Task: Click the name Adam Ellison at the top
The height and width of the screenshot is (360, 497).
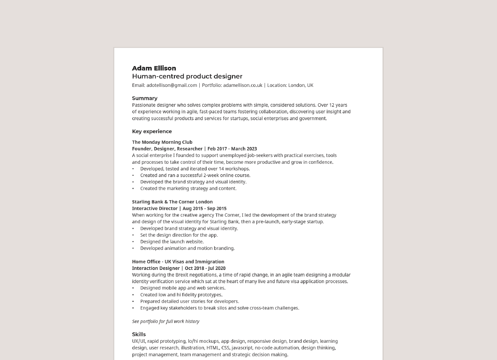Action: (154, 68)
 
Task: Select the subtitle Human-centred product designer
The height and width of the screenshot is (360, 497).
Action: (187, 76)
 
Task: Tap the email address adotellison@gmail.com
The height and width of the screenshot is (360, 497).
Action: (172, 85)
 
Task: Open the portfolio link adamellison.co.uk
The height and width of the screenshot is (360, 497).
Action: (242, 85)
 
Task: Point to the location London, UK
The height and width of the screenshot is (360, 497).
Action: (301, 85)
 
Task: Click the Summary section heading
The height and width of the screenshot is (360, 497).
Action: (144, 98)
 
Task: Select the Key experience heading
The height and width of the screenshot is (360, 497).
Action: (152, 131)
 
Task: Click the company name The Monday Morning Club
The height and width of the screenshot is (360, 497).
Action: (162, 142)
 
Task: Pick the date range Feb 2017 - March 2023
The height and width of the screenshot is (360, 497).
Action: (232, 149)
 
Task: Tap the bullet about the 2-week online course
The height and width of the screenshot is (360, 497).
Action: (195, 175)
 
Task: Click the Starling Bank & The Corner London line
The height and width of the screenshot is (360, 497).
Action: (172, 202)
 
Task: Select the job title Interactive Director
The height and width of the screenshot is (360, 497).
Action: (154, 209)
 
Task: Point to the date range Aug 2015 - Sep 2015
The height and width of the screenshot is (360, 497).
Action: (204, 209)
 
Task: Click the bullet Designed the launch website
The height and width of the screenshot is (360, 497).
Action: (172, 242)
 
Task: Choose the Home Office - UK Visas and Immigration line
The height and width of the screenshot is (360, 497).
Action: (178, 262)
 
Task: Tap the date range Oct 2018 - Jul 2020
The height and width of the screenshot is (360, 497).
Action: (205, 268)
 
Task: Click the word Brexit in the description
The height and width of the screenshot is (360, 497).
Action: (181, 275)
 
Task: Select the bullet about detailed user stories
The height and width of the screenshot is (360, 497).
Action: (189, 302)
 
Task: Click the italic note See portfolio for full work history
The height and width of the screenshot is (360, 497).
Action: (165, 322)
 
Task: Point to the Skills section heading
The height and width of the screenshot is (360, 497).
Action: (139, 334)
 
